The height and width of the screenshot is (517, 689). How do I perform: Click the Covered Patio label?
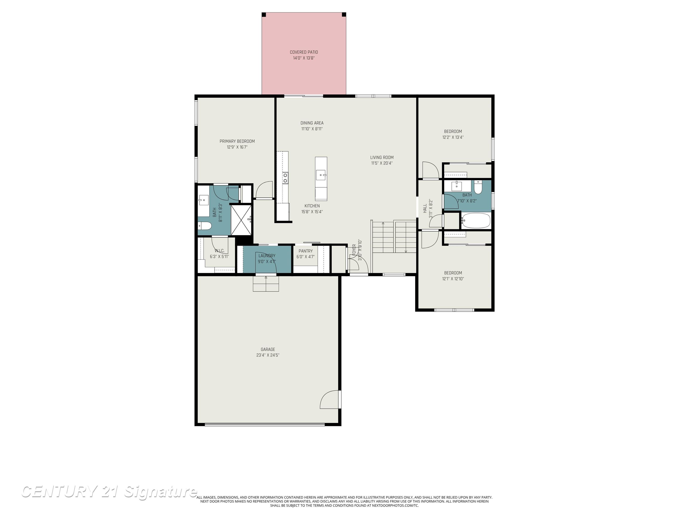304,52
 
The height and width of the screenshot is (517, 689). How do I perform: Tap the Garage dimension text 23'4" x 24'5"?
268,355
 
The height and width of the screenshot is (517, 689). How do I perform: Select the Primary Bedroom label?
237,141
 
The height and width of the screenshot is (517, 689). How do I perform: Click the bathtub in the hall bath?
476,221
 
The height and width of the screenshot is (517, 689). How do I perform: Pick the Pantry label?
305,251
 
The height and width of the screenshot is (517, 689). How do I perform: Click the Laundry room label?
267,256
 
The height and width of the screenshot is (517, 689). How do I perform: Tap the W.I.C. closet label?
219,251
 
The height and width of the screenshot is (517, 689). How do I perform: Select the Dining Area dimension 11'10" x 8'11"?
312,129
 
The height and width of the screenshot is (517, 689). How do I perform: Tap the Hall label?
425,208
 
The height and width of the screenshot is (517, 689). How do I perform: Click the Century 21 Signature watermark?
109,491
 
